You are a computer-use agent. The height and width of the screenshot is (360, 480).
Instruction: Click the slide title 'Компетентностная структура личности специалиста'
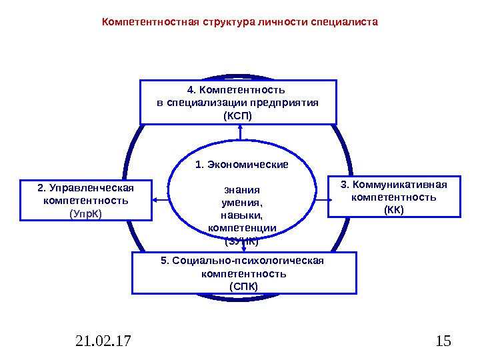coord(239,21)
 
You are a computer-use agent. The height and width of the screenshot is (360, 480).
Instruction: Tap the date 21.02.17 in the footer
coord(103,342)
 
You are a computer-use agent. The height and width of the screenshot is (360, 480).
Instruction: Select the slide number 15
coord(442,342)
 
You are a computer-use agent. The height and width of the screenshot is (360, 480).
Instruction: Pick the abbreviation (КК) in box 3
coord(393,209)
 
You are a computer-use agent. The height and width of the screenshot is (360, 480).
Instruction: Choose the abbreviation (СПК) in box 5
coord(243,286)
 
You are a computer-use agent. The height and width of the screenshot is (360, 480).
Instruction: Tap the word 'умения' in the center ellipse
coord(242,202)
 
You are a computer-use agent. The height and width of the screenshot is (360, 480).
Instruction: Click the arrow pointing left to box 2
coord(159,199)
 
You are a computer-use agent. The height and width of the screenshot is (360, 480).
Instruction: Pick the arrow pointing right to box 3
coord(321,199)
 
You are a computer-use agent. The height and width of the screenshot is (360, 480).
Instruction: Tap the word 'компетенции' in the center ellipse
coord(242,228)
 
